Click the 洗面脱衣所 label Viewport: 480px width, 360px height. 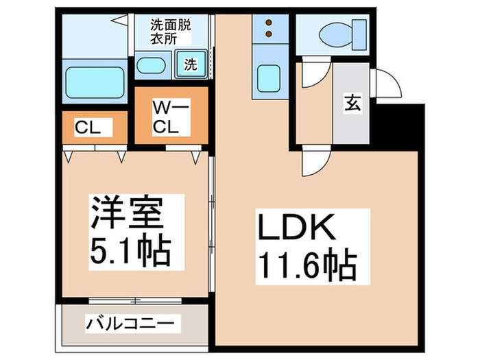(x=171, y=31)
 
